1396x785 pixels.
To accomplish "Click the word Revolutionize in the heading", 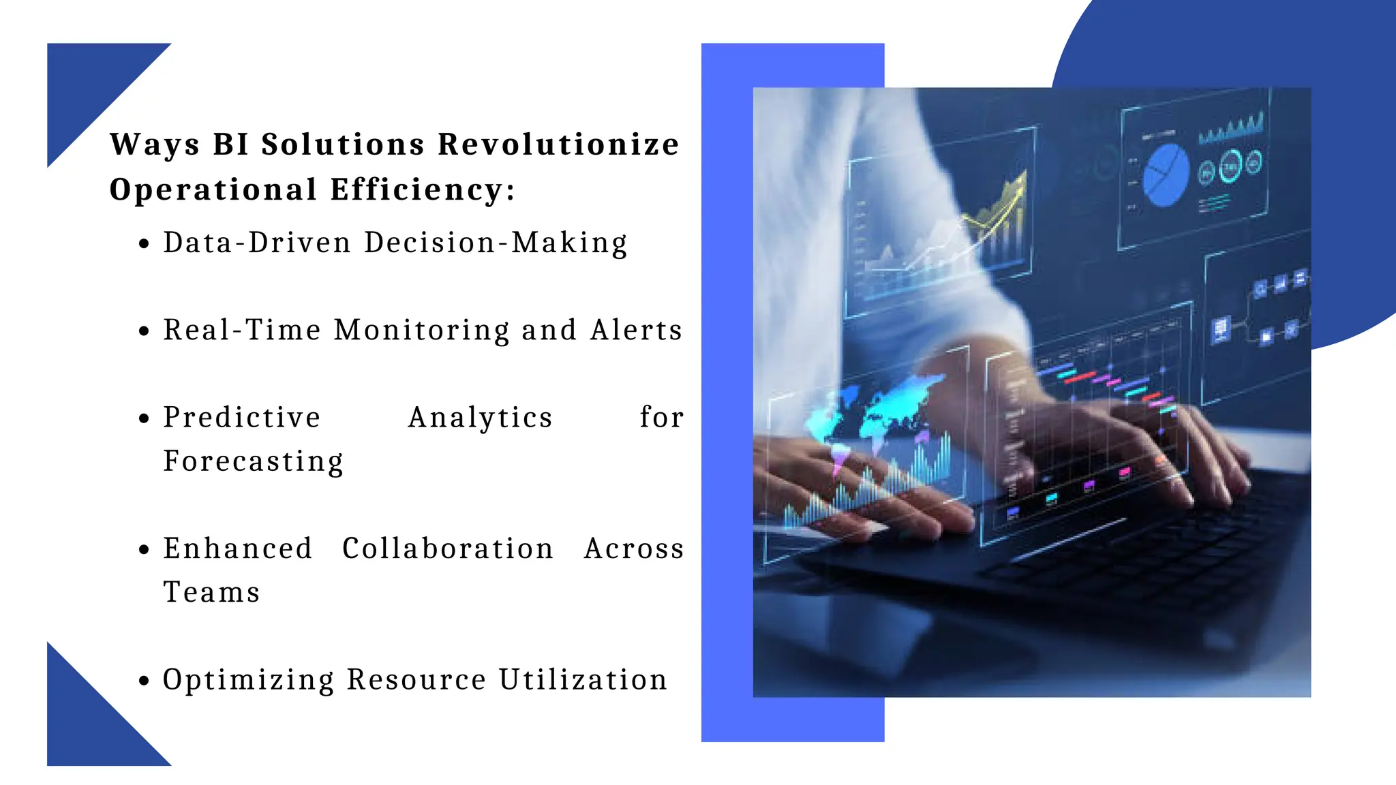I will point(558,144).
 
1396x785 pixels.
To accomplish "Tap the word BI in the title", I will point(230,144).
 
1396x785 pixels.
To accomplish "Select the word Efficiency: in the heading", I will point(423,189).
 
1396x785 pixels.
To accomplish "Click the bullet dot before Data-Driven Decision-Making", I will point(143,244).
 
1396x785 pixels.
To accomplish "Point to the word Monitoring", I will point(421,330).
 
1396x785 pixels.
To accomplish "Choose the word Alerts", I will point(637,330).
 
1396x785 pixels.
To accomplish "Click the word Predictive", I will point(242,418).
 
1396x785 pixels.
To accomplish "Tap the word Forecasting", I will point(254,462).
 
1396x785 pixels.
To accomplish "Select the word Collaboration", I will point(448,549).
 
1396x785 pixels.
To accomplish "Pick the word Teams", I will point(212,593).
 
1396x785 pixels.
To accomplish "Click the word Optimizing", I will point(249,681).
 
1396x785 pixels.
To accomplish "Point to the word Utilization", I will point(583,680).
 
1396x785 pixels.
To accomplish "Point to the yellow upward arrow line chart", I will point(995,211).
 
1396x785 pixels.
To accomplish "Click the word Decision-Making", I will point(496,243).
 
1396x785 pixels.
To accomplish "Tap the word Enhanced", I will point(238,549).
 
